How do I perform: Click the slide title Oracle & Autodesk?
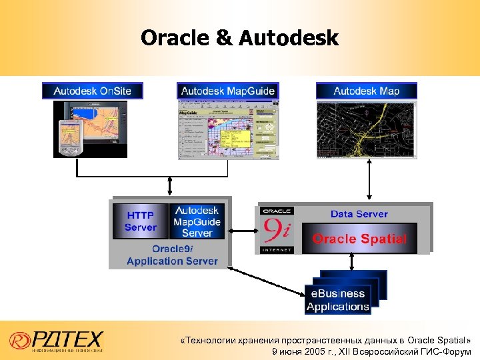coord(239,38)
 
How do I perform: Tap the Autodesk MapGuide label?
coord(227,91)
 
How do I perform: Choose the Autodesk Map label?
coord(366,91)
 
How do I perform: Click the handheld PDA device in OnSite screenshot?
coord(69,137)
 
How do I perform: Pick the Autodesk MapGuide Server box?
coord(197,222)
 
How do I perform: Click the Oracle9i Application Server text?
coord(172,255)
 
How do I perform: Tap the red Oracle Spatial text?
coord(359,239)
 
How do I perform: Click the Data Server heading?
coord(359,214)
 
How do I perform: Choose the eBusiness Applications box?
coord(338,300)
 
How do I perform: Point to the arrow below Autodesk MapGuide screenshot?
coord(171,186)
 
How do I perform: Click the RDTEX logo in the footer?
coord(57,340)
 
